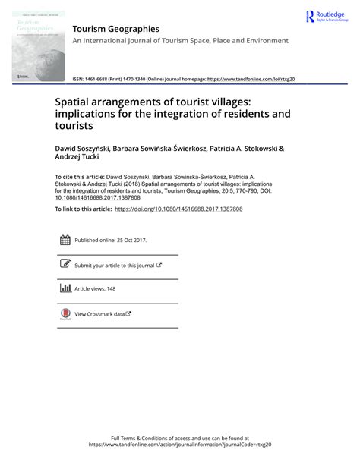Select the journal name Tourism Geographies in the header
tap(115, 29)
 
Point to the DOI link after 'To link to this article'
tap(178, 209)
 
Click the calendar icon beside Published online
tap(65, 241)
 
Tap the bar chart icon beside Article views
tap(65, 288)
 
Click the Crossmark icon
tap(65, 314)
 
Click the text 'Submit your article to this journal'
tap(114, 266)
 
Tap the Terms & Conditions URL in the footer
tap(179, 445)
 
